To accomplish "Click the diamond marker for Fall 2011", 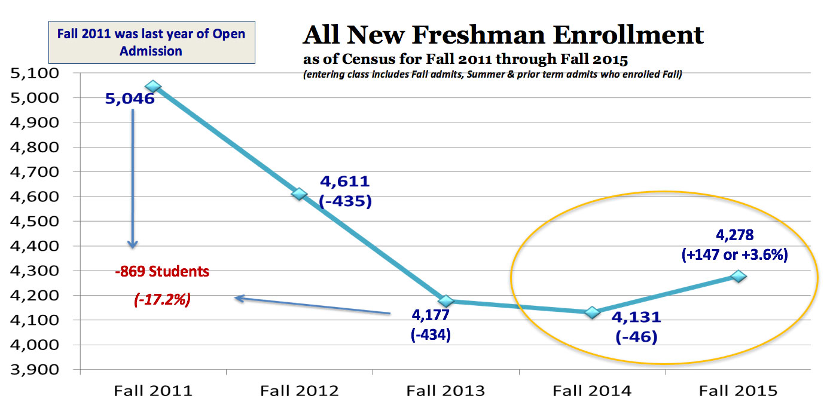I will click(153, 87).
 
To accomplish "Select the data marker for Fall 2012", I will click(300, 194).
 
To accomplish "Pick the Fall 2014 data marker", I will click(592, 312).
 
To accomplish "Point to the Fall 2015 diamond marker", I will click(739, 276).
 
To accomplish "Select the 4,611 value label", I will click(345, 182).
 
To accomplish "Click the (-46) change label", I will click(636, 336).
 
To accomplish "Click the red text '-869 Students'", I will click(162, 271).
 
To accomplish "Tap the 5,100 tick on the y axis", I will click(38, 73).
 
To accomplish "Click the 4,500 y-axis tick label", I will click(38, 222).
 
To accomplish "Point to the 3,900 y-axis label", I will click(38, 370).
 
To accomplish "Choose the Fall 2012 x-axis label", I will click(300, 391).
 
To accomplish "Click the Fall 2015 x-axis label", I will click(739, 391).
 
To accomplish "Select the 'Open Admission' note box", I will click(151, 42).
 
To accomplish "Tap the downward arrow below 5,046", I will click(133, 179).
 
